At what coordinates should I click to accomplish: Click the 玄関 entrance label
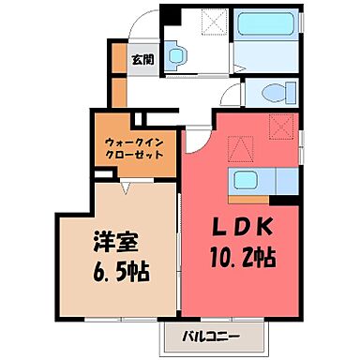(x=142, y=59)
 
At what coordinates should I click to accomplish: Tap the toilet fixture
(x=274, y=94)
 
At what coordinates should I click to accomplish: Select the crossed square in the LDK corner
(x=278, y=125)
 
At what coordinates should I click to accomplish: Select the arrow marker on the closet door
(x=127, y=185)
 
